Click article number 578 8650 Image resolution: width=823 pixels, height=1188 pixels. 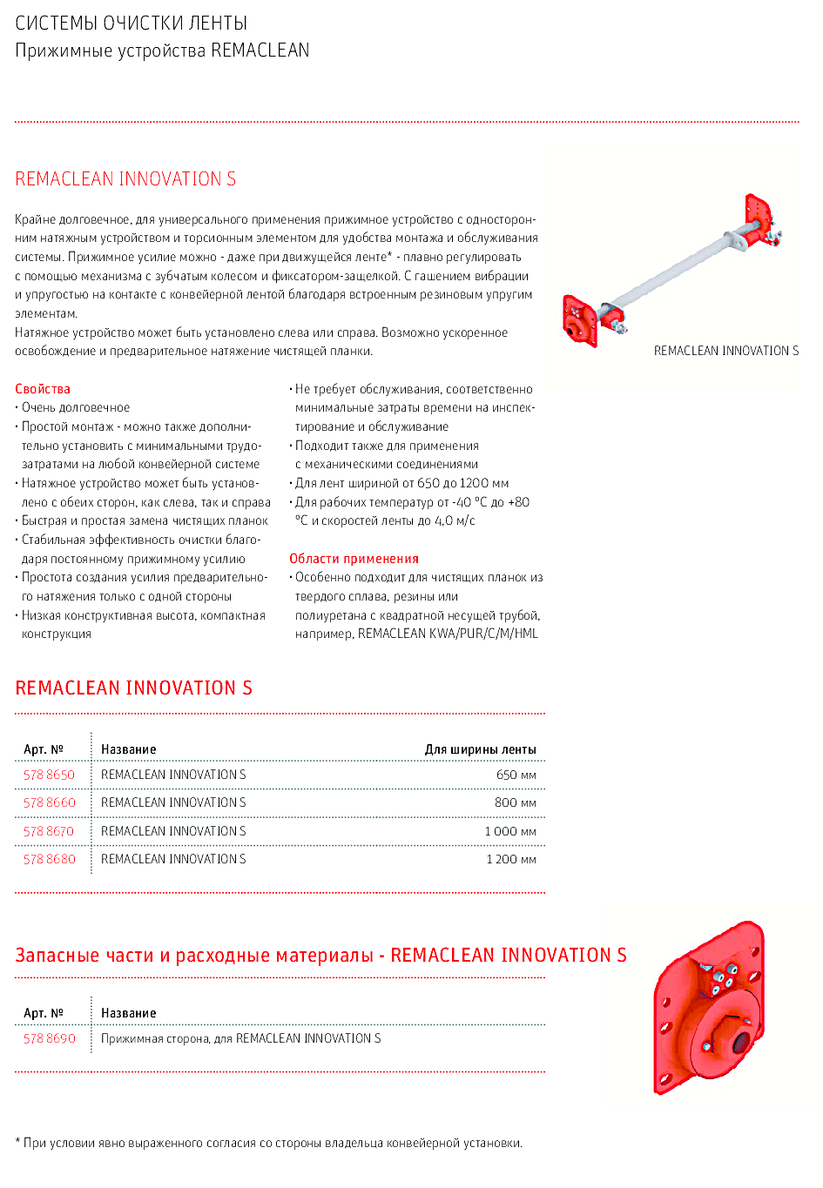pyautogui.click(x=49, y=775)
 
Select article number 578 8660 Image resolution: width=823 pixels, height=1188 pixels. pyautogui.click(x=49, y=802)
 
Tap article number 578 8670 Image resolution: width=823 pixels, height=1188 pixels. pyautogui.click(x=49, y=831)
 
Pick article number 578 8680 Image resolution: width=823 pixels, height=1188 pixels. pyautogui.click(x=49, y=859)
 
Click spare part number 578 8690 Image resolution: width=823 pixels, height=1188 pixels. pyautogui.click(x=49, y=1038)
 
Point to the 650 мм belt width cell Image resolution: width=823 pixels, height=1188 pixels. pyautogui.click(x=516, y=775)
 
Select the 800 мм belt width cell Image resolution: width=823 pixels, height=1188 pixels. pyautogui.click(x=515, y=802)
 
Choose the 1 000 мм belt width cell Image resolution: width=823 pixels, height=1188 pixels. pyautogui.click(x=510, y=831)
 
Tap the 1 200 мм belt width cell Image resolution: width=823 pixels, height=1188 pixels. pyautogui.click(x=511, y=859)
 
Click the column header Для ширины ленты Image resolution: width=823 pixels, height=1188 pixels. pyautogui.click(x=480, y=749)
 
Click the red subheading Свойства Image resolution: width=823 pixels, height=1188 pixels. pyautogui.click(x=43, y=389)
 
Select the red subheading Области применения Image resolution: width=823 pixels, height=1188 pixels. pyautogui.click(x=354, y=559)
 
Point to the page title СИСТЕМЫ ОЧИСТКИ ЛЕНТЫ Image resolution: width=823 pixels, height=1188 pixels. pyautogui.click(x=131, y=23)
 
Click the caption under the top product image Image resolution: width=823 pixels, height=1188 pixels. pyautogui.click(x=725, y=351)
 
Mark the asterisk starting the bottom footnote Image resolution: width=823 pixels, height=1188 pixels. pyautogui.click(x=17, y=1142)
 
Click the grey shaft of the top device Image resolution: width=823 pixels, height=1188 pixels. pyautogui.click(x=671, y=270)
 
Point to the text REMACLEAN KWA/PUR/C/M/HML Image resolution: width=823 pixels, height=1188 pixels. pyautogui.click(x=448, y=634)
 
